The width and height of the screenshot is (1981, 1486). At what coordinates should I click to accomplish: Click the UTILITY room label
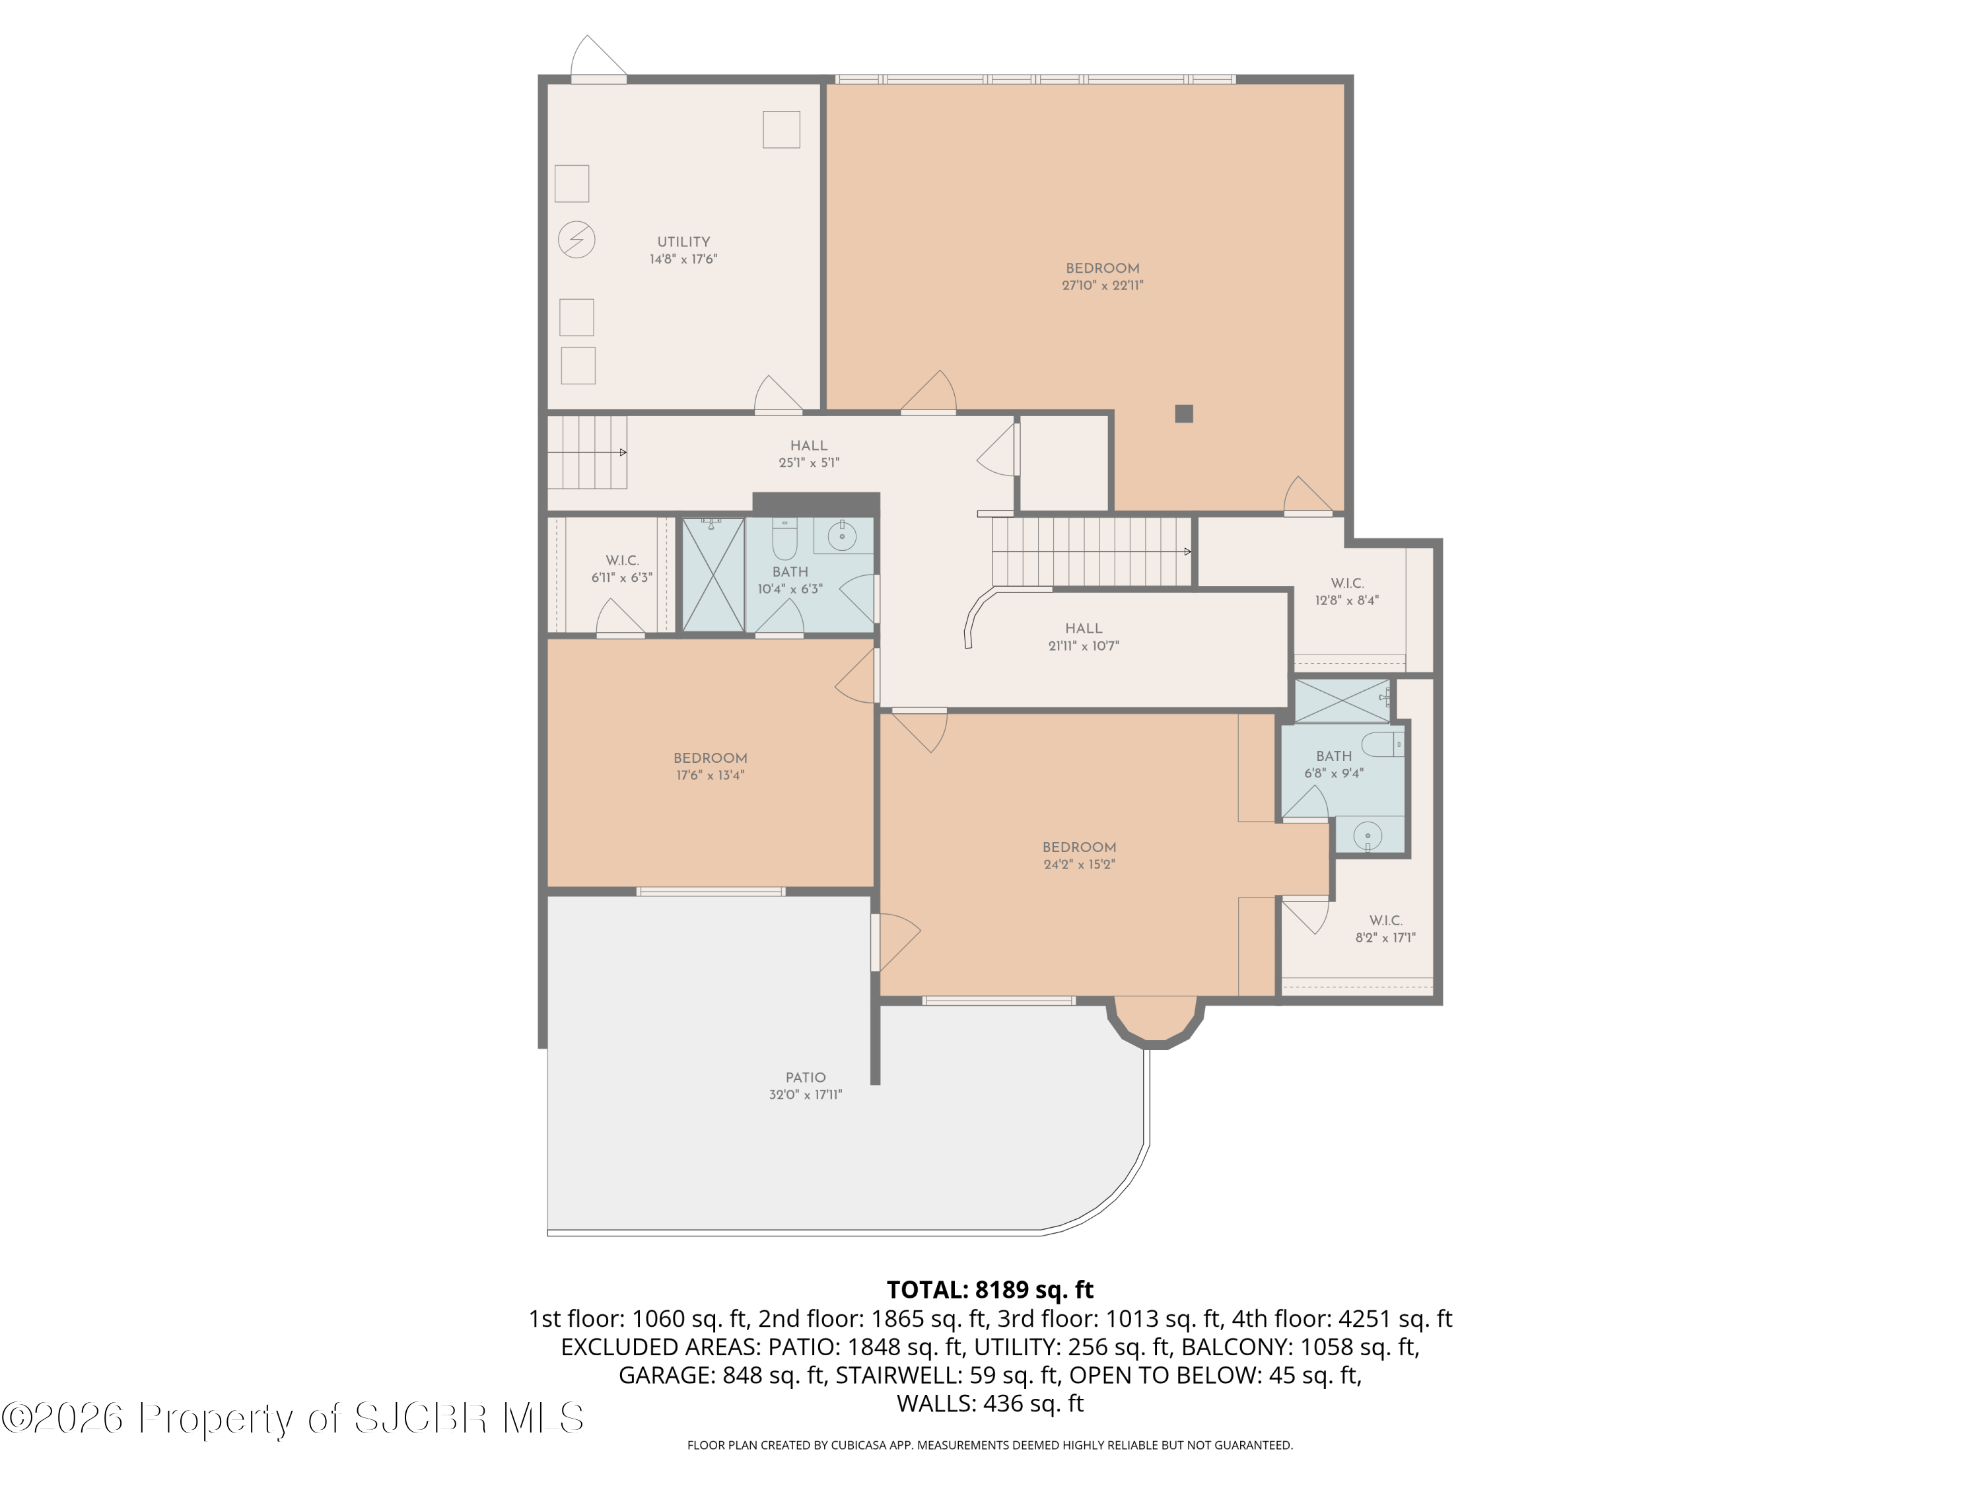[x=683, y=242]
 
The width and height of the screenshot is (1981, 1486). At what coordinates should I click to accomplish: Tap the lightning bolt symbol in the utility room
[x=576, y=240]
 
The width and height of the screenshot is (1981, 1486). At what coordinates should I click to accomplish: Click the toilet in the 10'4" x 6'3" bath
[x=784, y=538]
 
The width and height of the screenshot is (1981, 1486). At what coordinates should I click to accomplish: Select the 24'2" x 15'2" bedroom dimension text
[x=1079, y=865]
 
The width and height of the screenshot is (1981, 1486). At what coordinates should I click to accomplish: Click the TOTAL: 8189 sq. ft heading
[x=990, y=1290]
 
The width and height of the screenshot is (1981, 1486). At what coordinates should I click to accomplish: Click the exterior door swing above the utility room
[x=598, y=56]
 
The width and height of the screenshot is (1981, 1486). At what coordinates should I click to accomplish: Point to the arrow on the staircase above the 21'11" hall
[x=1187, y=551]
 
